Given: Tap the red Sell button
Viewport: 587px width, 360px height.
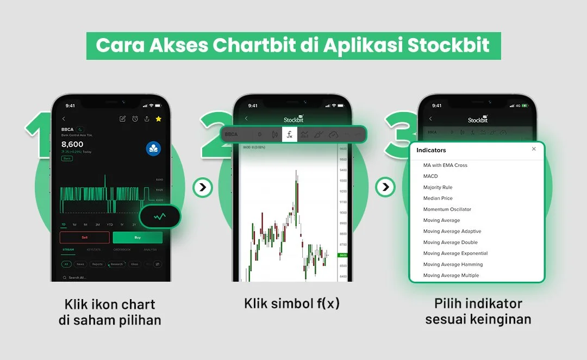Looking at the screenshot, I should click(x=84, y=238).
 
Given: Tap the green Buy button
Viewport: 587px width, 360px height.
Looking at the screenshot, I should click(x=137, y=238).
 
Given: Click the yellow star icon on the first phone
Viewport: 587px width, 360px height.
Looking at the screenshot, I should click(x=158, y=119).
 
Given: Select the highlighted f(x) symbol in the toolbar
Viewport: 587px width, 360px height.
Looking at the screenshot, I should click(x=290, y=134).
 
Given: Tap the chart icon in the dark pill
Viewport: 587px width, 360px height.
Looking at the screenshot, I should click(x=160, y=216).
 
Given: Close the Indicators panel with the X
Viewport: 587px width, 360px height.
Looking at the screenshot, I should click(x=534, y=149).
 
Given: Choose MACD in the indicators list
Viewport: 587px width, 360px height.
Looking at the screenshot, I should click(x=430, y=176).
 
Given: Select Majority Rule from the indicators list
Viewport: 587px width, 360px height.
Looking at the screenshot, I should click(x=438, y=187).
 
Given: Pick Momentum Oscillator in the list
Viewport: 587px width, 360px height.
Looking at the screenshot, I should click(x=447, y=209).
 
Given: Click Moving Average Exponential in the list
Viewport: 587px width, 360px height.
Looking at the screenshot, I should click(x=455, y=253).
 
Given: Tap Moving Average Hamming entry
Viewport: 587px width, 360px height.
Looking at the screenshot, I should click(x=453, y=264).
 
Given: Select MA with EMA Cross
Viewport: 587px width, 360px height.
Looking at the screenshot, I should click(x=445, y=165).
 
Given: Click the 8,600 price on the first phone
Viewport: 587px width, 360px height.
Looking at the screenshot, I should click(x=72, y=144).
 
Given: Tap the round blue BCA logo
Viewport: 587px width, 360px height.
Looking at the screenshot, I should click(x=153, y=148).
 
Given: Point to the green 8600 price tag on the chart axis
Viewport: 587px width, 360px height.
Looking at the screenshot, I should click(x=342, y=255).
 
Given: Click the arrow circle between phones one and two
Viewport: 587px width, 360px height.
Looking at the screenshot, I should click(x=203, y=188).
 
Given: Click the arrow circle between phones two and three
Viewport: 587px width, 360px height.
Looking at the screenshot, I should click(x=385, y=188).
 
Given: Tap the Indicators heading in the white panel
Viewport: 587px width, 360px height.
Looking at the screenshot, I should click(x=431, y=150).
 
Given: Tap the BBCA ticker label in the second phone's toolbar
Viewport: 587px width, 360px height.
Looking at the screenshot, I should click(x=231, y=134).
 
